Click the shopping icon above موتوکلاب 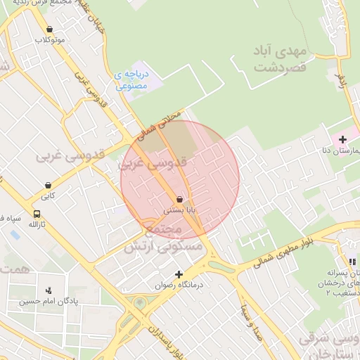tap(50, 29)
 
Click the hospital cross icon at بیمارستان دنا tap(342, 140)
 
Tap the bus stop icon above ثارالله tap(37, 214)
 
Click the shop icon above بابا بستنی tap(180, 200)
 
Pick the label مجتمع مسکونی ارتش tap(163, 239)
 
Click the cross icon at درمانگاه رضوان tap(179, 274)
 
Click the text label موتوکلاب tap(50, 39)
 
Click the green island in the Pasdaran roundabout tap(139, 303)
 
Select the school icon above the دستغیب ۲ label tap(352, 262)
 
